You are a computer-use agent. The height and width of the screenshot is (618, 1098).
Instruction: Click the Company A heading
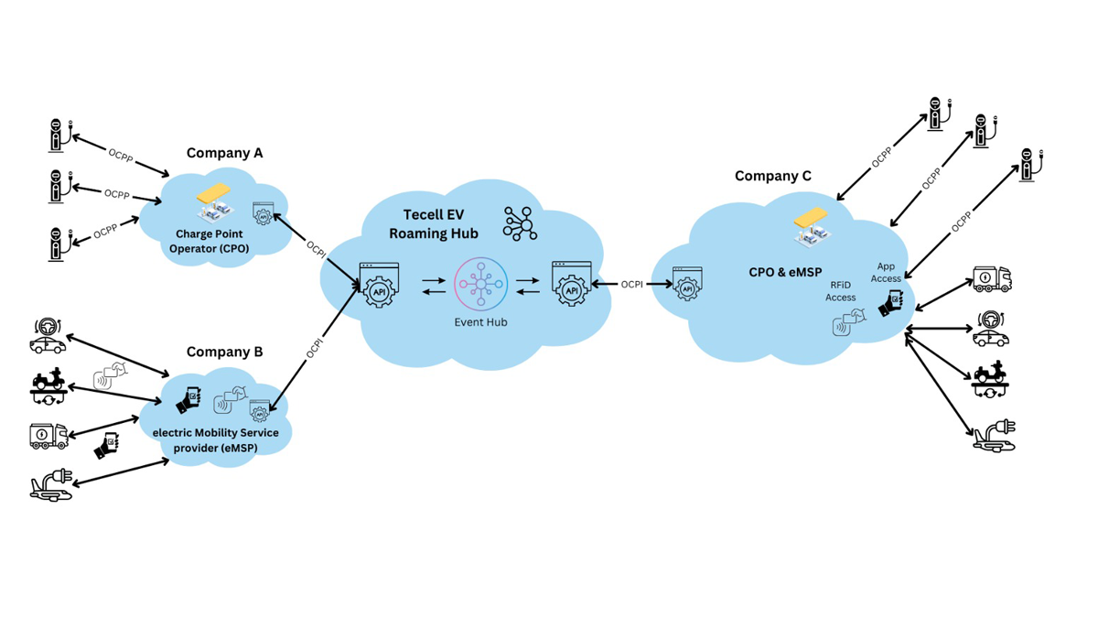coord(224,153)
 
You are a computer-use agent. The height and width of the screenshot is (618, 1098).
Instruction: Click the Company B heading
coord(224,352)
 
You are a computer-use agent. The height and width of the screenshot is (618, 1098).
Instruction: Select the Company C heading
coord(773,176)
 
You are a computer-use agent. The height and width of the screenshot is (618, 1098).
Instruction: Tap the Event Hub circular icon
coord(481,286)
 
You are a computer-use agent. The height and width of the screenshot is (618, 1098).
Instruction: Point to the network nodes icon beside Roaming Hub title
coord(521,223)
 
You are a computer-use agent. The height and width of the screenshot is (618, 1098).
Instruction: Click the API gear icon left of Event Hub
coord(380,285)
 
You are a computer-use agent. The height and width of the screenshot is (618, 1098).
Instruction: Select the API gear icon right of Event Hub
coord(572,285)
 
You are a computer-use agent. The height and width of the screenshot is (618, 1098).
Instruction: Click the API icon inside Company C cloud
coord(687,285)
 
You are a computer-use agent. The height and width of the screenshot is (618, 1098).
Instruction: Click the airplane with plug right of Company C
coord(995,435)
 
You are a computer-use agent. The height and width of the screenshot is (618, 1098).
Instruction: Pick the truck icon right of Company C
coord(992,279)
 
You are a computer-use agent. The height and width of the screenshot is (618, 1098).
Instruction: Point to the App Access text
coord(886,272)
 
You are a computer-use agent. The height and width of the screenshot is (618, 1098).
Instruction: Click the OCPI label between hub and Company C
coord(631,285)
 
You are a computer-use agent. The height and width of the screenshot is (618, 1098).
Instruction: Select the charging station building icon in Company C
coord(811,226)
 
